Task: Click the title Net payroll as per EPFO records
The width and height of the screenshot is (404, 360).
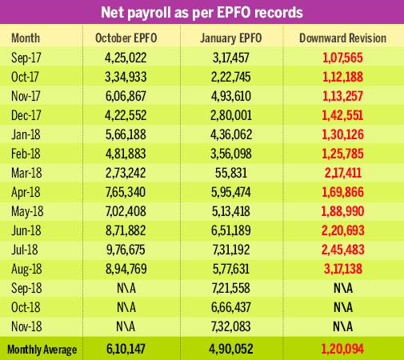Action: pos(202,14)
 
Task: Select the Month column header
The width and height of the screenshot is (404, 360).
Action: pos(26,38)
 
